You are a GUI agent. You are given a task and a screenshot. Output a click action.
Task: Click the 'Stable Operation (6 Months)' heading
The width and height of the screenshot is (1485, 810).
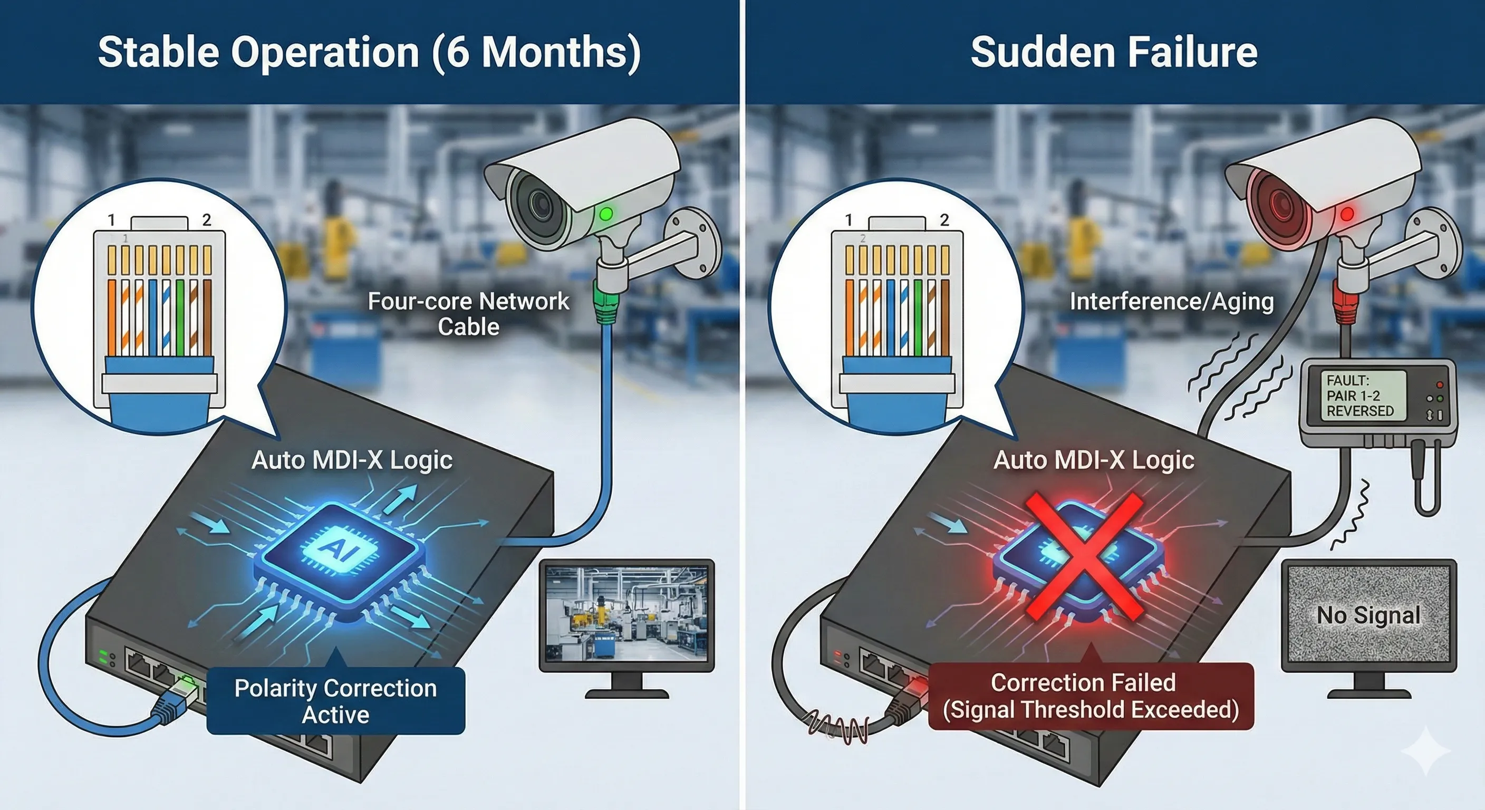pyautogui.click(x=369, y=52)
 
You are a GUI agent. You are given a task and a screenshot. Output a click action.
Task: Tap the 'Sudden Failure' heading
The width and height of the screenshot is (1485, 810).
pyautogui.click(x=1114, y=52)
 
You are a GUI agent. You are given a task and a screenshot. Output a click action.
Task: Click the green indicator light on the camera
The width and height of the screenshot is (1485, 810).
pyautogui.click(x=606, y=215)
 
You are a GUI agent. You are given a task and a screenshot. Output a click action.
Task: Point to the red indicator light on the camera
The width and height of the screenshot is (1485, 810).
pyautogui.click(x=1347, y=215)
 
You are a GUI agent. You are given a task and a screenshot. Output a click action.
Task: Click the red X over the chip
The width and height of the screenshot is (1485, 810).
pyautogui.click(x=1084, y=556)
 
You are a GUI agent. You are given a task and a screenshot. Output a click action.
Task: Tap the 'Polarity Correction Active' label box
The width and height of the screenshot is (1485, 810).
pyautogui.click(x=335, y=700)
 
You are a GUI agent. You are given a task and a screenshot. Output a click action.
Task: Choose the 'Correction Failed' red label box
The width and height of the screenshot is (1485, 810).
pyautogui.click(x=1091, y=696)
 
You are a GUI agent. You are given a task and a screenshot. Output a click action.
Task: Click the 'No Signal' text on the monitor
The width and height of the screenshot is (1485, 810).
pyautogui.click(x=1368, y=615)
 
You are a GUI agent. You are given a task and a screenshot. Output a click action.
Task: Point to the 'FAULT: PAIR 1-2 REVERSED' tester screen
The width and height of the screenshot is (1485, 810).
pyautogui.click(x=1363, y=396)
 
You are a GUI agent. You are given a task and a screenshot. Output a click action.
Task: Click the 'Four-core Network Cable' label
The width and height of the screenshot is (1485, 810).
pyautogui.click(x=468, y=314)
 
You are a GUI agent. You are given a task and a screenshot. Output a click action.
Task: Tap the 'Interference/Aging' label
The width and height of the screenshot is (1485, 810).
pyautogui.click(x=1171, y=301)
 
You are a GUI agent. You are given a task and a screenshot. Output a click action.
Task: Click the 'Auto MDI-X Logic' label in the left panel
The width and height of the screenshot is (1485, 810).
pyautogui.click(x=352, y=460)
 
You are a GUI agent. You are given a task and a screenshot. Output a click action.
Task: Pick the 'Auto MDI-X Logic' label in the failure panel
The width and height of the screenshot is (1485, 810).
pyautogui.click(x=1094, y=460)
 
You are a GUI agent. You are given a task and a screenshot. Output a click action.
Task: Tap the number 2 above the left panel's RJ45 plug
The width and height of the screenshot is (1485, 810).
pyautogui.click(x=206, y=220)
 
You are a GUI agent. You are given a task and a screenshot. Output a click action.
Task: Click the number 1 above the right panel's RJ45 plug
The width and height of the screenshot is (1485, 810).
pyautogui.click(x=848, y=220)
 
